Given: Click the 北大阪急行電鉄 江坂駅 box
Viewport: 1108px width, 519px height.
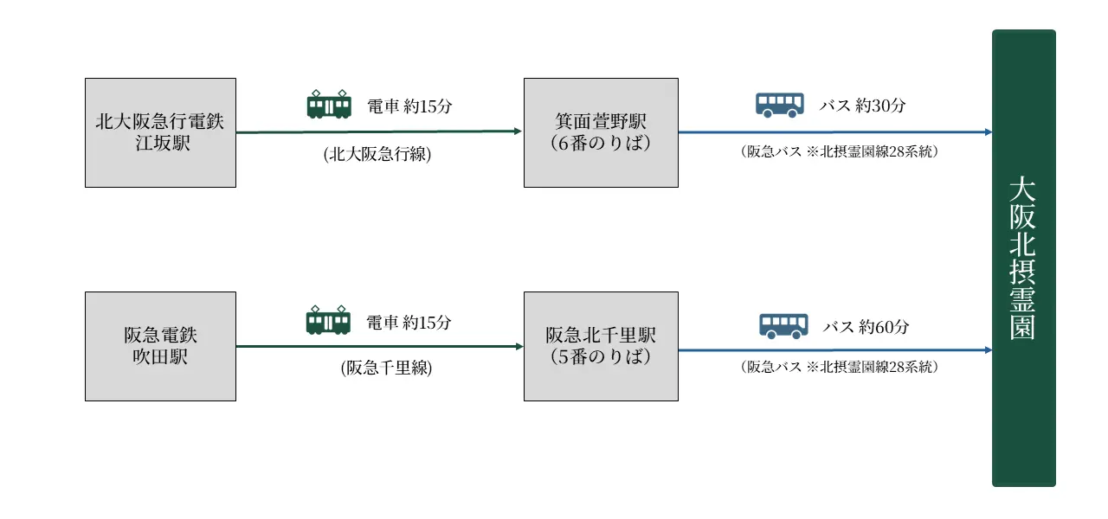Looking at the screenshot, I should [160, 132].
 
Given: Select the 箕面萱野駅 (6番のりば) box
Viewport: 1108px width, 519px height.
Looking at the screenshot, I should [601, 132].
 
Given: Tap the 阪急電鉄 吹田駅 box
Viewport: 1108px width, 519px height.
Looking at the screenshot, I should [160, 346].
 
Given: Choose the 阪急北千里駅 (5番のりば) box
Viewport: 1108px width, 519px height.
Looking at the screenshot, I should [601, 346].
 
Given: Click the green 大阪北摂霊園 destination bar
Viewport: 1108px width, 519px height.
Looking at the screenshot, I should [1023, 258].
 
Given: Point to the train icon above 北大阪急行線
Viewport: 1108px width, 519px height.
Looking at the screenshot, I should [329, 105].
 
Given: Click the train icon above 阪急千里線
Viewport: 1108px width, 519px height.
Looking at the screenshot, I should [328, 320].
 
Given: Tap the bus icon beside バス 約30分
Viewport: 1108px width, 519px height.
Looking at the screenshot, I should [779, 105].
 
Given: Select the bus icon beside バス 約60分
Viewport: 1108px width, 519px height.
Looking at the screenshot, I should [783, 325].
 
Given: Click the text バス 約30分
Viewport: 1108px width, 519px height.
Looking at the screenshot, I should [862, 106].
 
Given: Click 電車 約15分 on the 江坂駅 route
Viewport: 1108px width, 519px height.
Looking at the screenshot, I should [409, 106].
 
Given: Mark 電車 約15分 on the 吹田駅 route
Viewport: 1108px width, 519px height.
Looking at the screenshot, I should [409, 323].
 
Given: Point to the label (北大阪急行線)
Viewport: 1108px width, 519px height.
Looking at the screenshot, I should [377, 156].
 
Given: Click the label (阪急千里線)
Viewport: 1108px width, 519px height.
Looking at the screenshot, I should [386, 368].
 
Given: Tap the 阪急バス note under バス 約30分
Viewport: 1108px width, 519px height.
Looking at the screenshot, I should [840, 151].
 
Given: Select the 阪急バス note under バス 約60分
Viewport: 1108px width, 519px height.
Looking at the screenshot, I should [840, 367].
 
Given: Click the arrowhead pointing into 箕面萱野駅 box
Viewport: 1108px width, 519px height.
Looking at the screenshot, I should [518, 131].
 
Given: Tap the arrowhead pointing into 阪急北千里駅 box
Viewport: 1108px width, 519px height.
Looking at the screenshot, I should [519, 346].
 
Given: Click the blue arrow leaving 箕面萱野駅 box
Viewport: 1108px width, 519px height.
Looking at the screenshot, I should [831, 132].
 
